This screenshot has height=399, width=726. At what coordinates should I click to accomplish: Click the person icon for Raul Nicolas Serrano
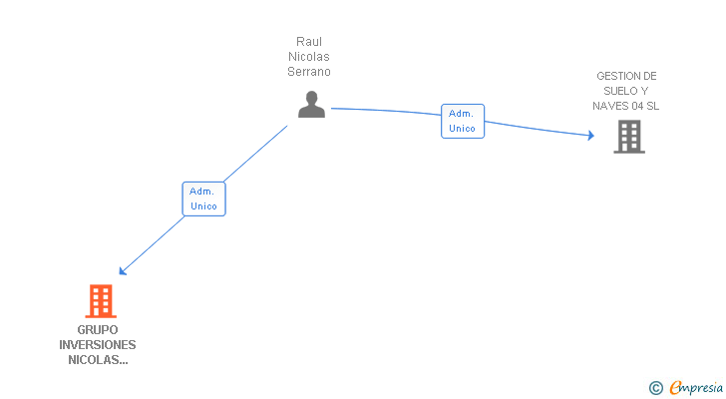[x=311, y=105]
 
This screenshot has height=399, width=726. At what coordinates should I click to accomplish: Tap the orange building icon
[x=100, y=300]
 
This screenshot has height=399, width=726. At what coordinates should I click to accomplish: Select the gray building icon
[x=628, y=136]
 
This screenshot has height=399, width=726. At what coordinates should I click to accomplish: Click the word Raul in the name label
[x=309, y=42]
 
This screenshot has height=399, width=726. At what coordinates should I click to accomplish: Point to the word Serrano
[x=309, y=72]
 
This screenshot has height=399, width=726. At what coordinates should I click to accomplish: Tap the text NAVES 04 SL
[x=626, y=106]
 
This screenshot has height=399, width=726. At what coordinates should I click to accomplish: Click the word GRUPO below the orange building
[x=97, y=329]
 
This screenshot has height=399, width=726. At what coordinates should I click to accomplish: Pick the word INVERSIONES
[x=98, y=344]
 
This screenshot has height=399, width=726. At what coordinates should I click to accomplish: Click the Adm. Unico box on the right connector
[x=463, y=121]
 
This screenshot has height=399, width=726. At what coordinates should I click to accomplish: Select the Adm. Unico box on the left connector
[x=203, y=199]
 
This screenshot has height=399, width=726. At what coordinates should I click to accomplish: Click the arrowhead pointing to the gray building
[x=590, y=136]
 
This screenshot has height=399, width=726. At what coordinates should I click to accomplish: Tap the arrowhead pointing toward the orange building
[x=123, y=270]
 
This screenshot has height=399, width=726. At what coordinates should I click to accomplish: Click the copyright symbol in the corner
[x=655, y=388]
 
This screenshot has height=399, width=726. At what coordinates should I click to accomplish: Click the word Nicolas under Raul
[x=309, y=57]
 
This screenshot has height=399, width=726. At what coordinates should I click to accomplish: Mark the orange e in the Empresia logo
[x=675, y=388]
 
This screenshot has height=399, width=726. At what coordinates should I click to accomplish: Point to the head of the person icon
[x=311, y=98]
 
